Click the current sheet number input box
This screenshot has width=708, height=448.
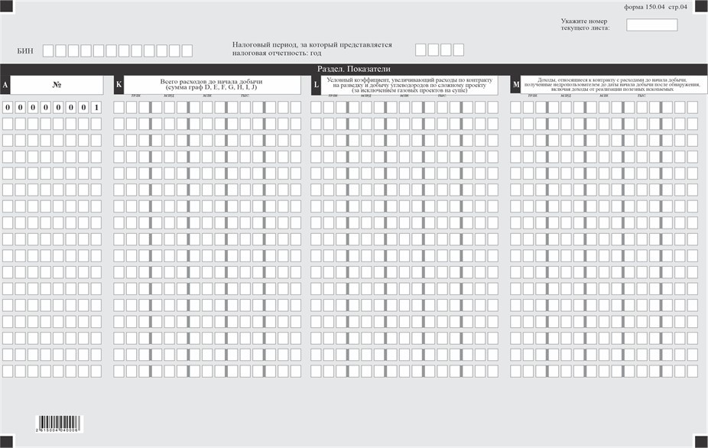(x=651, y=25)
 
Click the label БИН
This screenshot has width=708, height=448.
(x=25, y=51)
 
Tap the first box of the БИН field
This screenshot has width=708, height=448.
(x=48, y=51)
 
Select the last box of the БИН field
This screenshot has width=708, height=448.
(x=187, y=51)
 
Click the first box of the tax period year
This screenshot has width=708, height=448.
(x=421, y=50)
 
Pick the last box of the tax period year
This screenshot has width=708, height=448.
(x=458, y=50)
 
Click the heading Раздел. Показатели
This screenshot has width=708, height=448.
(x=354, y=69)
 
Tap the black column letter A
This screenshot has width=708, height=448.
(x=5, y=85)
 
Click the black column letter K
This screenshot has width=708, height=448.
(x=119, y=85)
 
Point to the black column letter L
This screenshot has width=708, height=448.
(x=316, y=85)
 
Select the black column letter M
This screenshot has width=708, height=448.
(x=516, y=85)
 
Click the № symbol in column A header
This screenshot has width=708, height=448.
(x=57, y=85)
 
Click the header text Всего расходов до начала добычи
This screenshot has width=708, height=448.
(x=212, y=81)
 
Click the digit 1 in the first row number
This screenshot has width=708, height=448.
(x=96, y=107)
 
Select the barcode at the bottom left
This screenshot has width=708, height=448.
(x=68, y=424)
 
